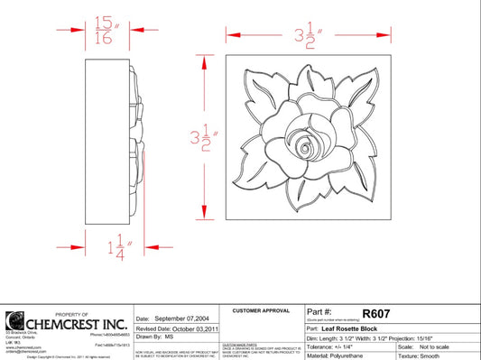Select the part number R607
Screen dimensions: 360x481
(375, 313)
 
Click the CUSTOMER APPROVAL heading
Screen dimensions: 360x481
(261, 310)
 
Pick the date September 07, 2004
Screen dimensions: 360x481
(171, 319)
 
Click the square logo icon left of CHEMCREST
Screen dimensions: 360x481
(15, 322)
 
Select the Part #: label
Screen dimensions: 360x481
(321, 313)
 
